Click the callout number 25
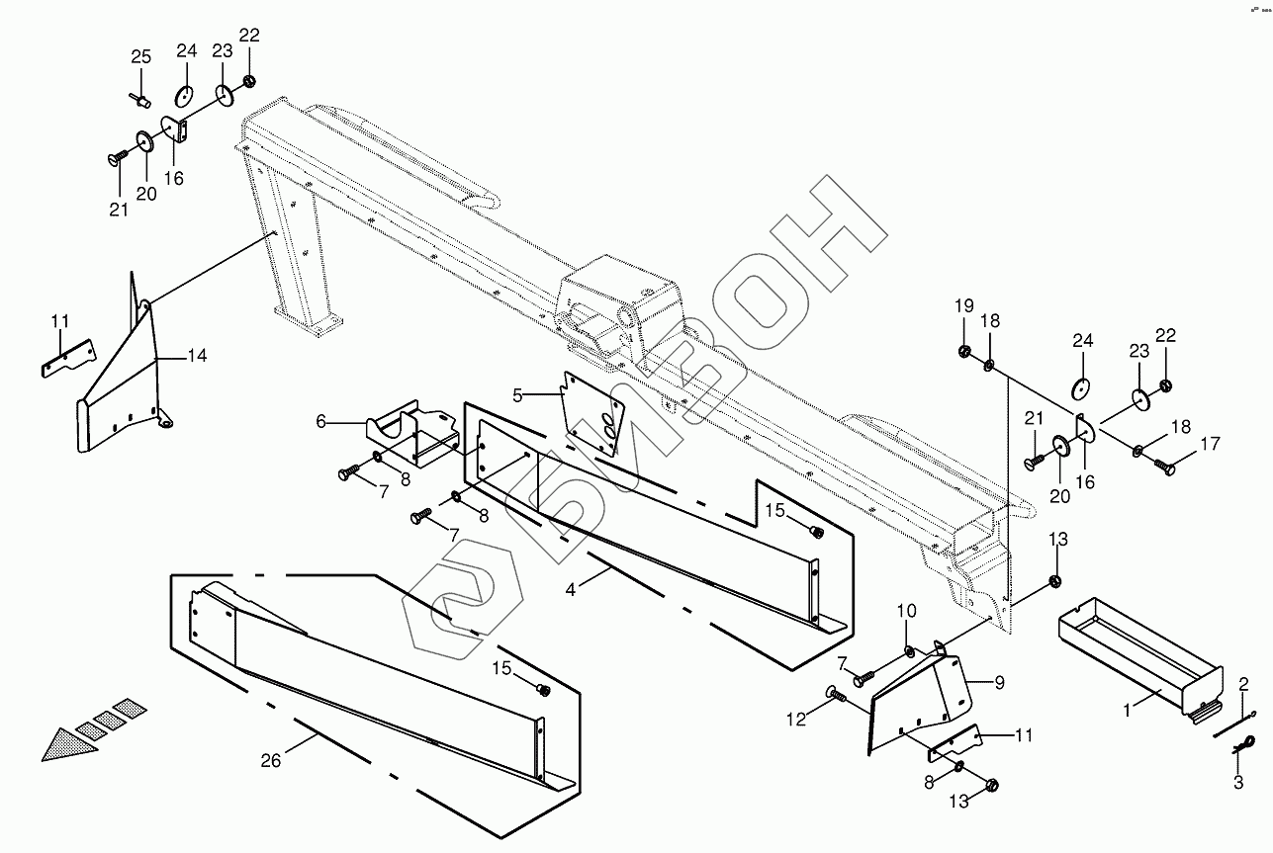[x=140, y=56]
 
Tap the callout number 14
[x=197, y=357]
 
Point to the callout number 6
[x=320, y=421]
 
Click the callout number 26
[x=270, y=760]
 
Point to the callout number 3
[x=1237, y=784]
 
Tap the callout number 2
[x=1243, y=683]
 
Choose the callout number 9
[x=999, y=681]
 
